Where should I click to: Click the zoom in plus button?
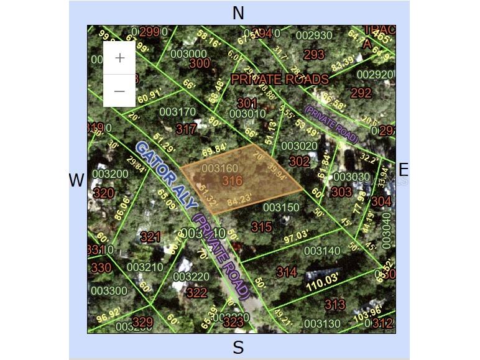pyautogui.click(x=119, y=58)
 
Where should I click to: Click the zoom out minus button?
pyautogui.click(x=119, y=91)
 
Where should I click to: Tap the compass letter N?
pyautogui.click(x=238, y=13)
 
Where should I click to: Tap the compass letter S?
pyautogui.click(x=238, y=348)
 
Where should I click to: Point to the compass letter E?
pyautogui.click(x=403, y=170)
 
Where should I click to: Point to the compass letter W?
pyautogui.click(x=76, y=180)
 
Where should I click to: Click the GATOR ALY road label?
pyautogui.click(x=165, y=175)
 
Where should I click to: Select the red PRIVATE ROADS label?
pyautogui.click(x=280, y=79)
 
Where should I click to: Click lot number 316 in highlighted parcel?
pyautogui.click(x=232, y=181)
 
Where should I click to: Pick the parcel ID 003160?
pyautogui.click(x=220, y=168)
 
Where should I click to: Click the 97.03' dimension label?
pyautogui.click(x=296, y=236)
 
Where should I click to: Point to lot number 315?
pyautogui.click(x=261, y=227)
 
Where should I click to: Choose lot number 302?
pyautogui.click(x=300, y=161)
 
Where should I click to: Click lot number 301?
pyautogui.click(x=247, y=103)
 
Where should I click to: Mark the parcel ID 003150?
pyautogui.click(x=281, y=207)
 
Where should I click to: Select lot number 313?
pyautogui.click(x=335, y=304)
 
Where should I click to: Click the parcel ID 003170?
pyautogui.click(x=177, y=112)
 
